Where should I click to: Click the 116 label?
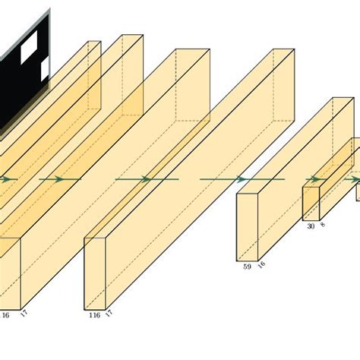pyautogui.click(x=95, y=315)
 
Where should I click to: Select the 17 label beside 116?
pyautogui.click(x=109, y=314)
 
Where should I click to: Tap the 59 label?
pyautogui.click(x=247, y=267)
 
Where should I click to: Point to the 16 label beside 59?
pyautogui.click(x=261, y=264)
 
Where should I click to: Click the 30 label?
pyautogui.click(x=311, y=226)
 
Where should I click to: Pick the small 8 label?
pyautogui.click(x=323, y=224)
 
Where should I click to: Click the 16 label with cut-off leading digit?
pyautogui.click(x=5, y=315)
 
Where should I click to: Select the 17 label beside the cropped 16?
pyautogui.click(x=24, y=314)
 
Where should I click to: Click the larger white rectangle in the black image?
pyautogui.click(x=29, y=47)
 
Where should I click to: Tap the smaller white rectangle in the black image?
pyautogui.click(x=45, y=69)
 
